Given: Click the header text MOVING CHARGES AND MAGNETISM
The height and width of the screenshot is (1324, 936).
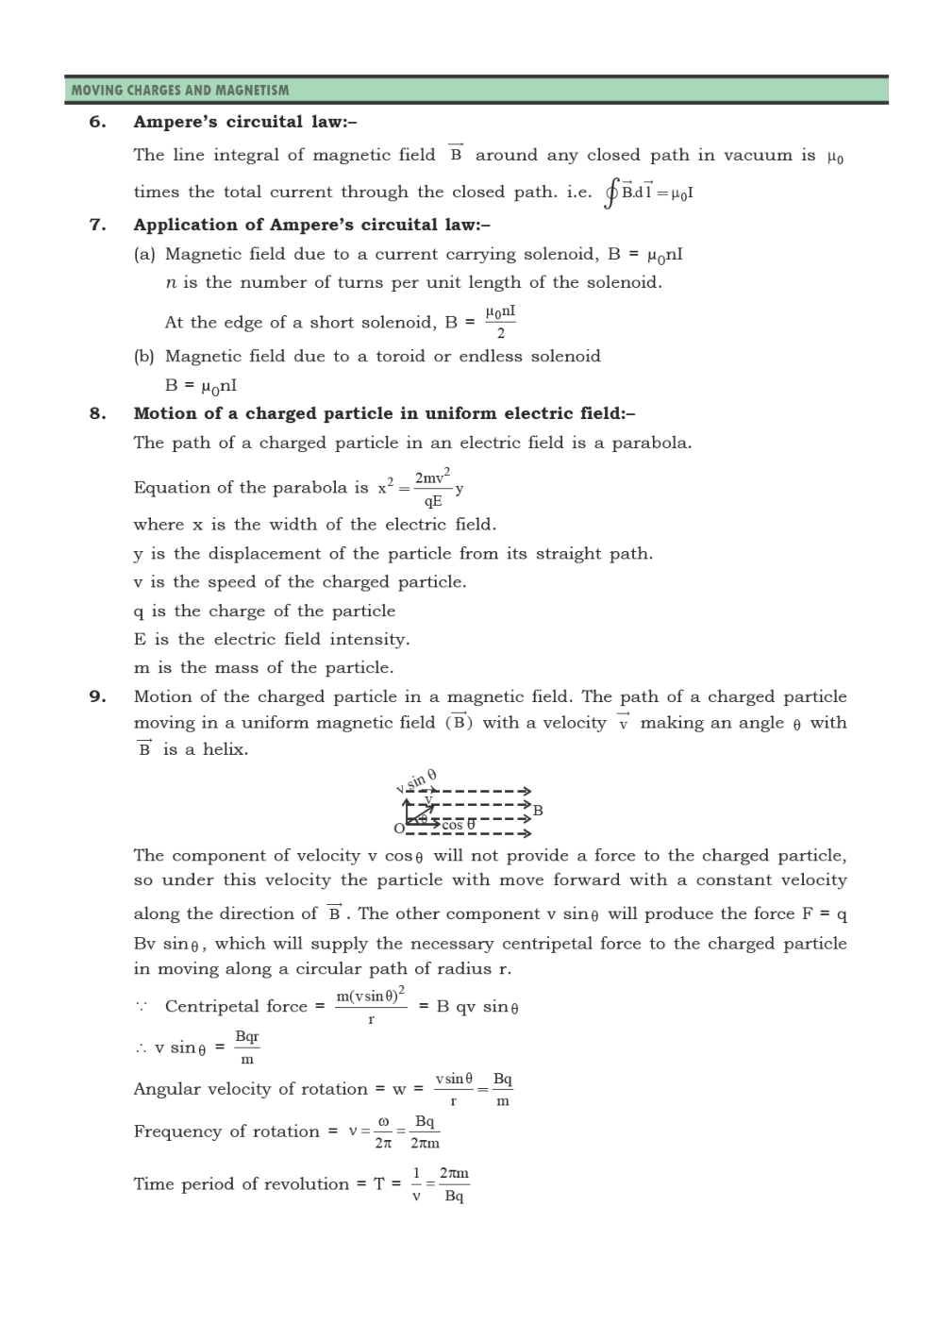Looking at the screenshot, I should point(180,91).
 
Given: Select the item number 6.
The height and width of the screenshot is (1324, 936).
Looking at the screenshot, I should point(97,122).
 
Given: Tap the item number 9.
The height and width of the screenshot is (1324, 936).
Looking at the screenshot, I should point(97,697).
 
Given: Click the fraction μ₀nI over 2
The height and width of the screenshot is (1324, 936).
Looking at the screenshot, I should point(500,322).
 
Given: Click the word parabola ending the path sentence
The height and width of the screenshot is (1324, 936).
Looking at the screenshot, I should point(651,443).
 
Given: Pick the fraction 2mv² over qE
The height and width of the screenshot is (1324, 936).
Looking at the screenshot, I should point(432,488).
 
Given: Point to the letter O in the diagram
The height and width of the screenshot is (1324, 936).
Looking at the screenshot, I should point(399,829).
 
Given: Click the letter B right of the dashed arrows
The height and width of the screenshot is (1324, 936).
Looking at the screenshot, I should point(538,810).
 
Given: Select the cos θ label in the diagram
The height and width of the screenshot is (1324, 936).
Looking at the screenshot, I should point(458,825).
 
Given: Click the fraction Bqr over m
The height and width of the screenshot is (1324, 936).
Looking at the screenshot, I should point(247,1047).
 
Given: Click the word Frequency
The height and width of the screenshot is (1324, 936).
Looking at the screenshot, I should point(179,1131).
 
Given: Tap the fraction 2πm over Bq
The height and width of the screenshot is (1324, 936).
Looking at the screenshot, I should point(454,1184).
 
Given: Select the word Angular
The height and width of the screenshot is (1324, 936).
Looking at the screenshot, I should point(166,1089).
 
